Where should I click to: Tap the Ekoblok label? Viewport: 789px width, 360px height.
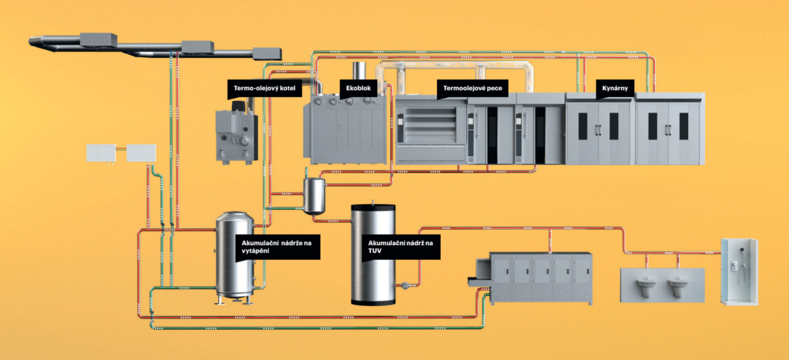point(360,89)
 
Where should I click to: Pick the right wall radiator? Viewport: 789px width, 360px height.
point(139,153)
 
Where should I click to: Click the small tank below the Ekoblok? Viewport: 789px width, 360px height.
point(314,194)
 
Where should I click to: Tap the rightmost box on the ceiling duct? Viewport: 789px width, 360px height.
point(267,52)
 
